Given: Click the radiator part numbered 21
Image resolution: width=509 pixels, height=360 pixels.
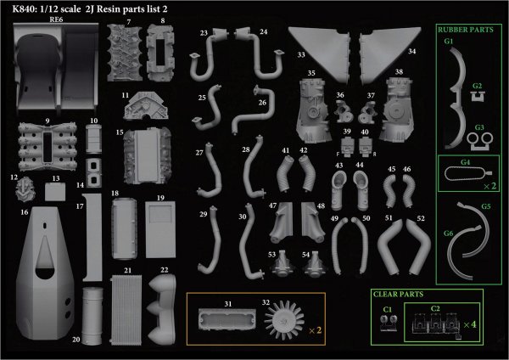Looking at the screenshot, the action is click(x=126, y=310).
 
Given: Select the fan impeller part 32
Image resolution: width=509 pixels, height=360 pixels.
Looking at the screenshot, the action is click(x=284, y=321).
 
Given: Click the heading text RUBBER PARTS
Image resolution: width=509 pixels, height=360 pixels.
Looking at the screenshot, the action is click(x=466, y=30).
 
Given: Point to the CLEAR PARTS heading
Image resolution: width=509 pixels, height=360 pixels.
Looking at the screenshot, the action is click(x=399, y=295).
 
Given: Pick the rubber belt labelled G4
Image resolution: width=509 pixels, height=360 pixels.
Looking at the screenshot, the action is click(x=467, y=173).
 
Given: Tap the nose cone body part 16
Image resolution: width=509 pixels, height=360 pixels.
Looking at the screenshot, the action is click(x=45, y=273).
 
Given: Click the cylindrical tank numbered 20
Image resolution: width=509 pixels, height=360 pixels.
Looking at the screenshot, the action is click(x=92, y=316).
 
